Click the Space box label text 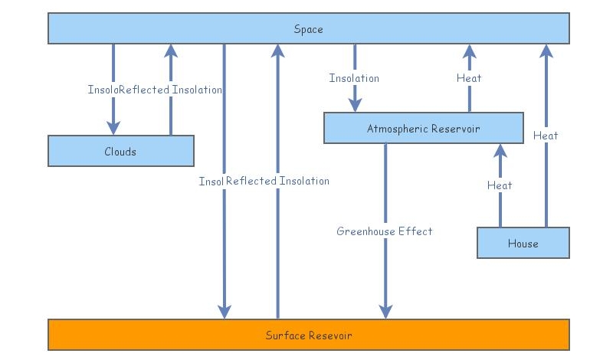tap(308, 29)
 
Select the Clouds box tap(120, 151)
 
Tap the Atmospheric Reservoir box tap(423, 128)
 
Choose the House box tap(523, 243)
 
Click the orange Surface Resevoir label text tap(308, 335)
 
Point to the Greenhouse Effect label tap(385, 231)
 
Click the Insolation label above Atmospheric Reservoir tap(354, 78)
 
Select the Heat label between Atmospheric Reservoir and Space tap(469, 78)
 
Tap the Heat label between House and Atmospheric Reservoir tap(500, 185)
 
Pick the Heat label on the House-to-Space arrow tap(546, 136)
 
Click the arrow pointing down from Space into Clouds tap(113, 107)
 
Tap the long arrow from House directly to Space tap(546, 184)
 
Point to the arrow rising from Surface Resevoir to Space tap(277, 230)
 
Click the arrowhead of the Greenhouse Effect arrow tap(385, 310)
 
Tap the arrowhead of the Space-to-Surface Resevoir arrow tap(225, 310)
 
